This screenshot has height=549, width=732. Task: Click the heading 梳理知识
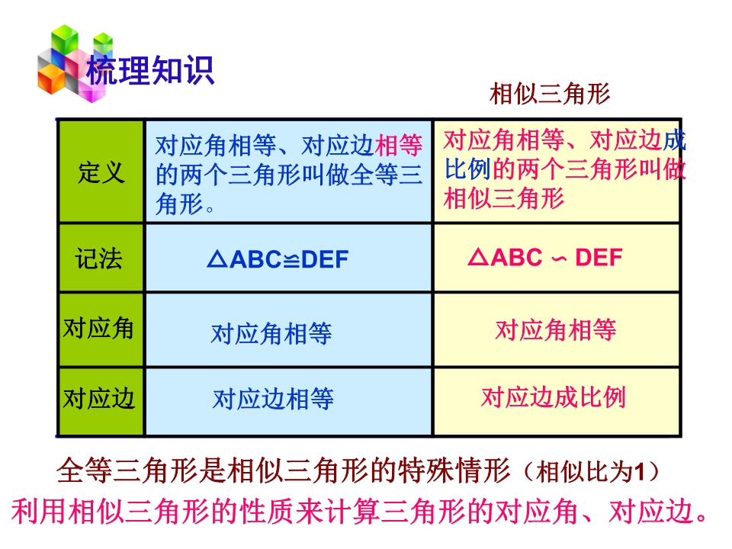(150, 70)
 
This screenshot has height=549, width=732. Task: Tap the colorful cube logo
(75, 63)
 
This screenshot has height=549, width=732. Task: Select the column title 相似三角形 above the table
(550, 93)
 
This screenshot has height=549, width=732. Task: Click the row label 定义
(101, 172)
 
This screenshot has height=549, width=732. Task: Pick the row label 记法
(99, 258)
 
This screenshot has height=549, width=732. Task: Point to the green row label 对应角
(98, 328)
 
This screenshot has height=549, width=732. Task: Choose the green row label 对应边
(99, 398)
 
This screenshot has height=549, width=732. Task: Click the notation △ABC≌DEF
(278, 259)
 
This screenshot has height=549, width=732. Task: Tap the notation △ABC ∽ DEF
(545, 257)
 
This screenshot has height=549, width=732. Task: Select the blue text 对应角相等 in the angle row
(271, 333)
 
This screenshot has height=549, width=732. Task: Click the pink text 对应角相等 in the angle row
(556, 329)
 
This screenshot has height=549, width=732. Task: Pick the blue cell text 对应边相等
(273, 399)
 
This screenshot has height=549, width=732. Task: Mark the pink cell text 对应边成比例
(554, 397)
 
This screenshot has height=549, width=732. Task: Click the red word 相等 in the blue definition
(399, 145)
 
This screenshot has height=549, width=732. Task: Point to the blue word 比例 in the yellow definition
(467, 169)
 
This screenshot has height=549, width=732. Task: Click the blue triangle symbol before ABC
(217, 258)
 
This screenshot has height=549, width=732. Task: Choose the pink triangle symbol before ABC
(478, 256)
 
